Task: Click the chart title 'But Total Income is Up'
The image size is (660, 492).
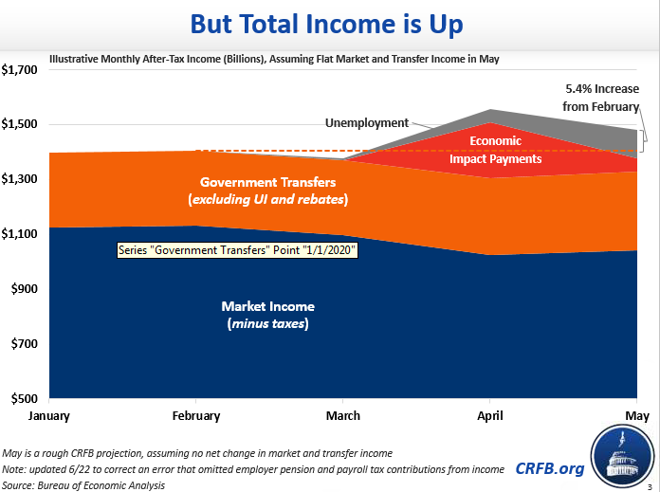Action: coord(329,23)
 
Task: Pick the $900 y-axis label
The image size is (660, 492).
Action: coord(23,289)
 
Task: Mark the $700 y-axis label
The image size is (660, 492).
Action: coord(23,344)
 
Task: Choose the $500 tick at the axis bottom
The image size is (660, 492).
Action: coord(23,398)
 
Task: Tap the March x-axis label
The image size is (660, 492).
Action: coord(343,415)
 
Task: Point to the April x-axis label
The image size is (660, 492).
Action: coord(489,415)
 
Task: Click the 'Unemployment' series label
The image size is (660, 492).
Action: coord(366,123)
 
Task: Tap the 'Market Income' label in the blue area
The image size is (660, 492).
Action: coord(267,315)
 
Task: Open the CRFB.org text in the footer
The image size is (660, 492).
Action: coord(550,467)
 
